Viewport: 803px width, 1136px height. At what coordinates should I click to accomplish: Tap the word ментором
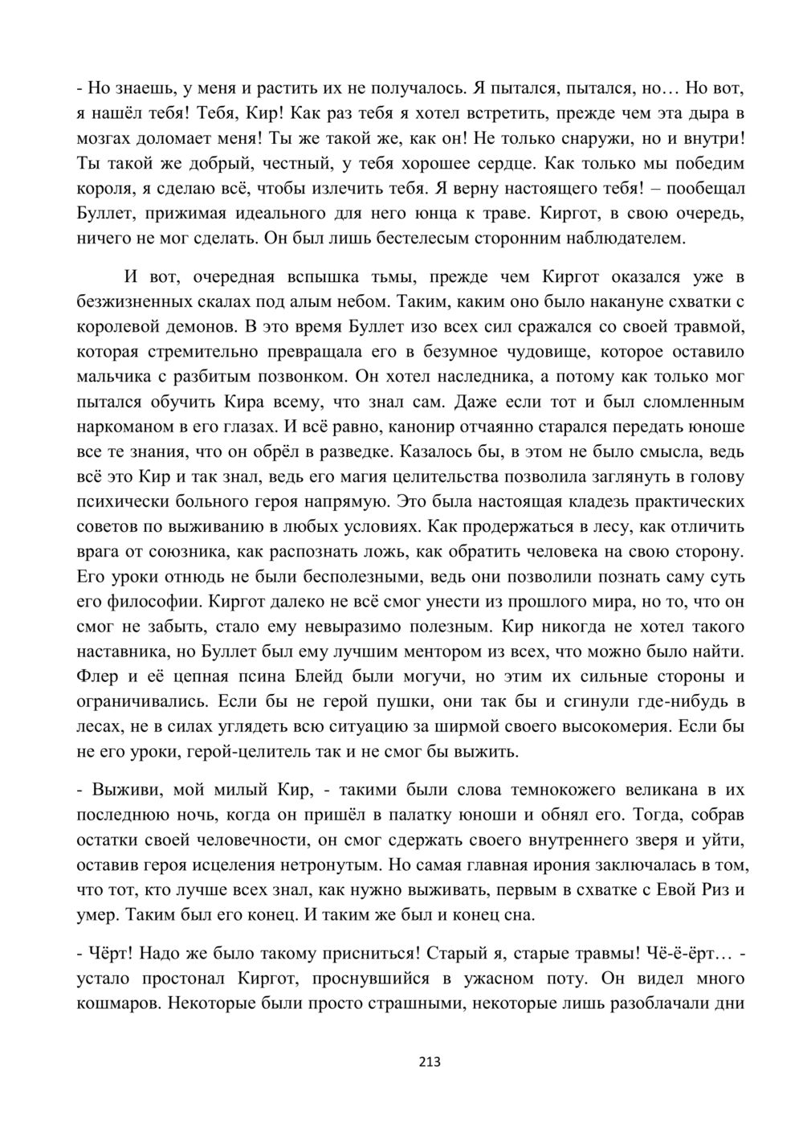(x=506, y=652)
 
